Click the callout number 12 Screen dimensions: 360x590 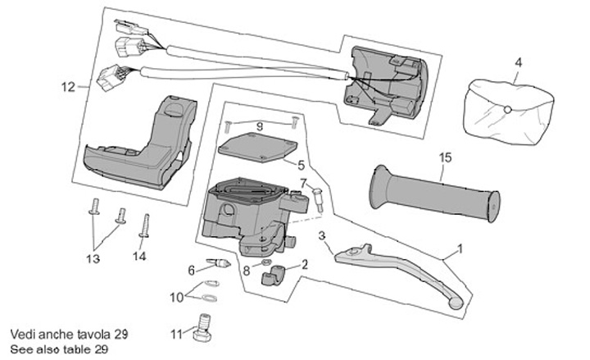click(68, 86)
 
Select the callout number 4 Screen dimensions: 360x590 click(518, 62)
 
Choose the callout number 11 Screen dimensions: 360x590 click(176, 334)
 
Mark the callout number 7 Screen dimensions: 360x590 click(302, 182)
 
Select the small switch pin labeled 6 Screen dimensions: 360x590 click(217, 262)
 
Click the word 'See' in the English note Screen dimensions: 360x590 click(20, 349)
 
